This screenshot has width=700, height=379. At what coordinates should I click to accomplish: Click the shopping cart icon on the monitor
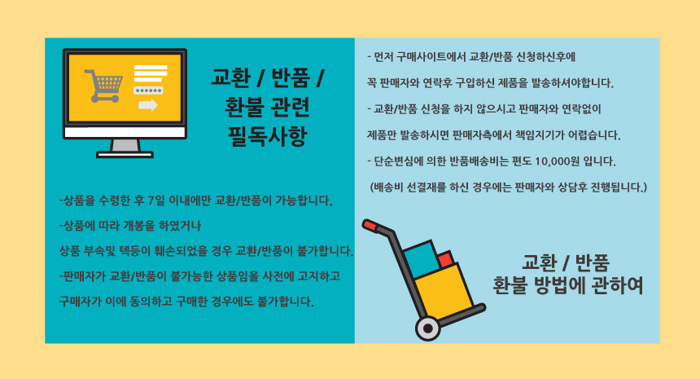coord(103,86)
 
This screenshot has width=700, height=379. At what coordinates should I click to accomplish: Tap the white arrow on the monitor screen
coord(148,105)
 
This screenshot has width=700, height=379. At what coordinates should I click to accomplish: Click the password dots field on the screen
coord(148,90)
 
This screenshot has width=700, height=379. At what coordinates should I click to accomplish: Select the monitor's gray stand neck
coord(125,146)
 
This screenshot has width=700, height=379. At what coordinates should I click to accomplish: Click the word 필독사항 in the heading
coord(268,136)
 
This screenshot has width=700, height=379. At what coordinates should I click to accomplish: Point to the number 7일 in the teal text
coord(155,201)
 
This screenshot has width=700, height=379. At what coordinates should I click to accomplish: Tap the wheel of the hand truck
coord(427,328)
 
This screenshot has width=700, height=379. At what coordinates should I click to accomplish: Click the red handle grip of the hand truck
coord(370,225)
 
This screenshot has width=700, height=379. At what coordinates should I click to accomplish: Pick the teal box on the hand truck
coord(421,260)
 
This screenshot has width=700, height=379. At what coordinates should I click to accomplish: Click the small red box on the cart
coord(446,259)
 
